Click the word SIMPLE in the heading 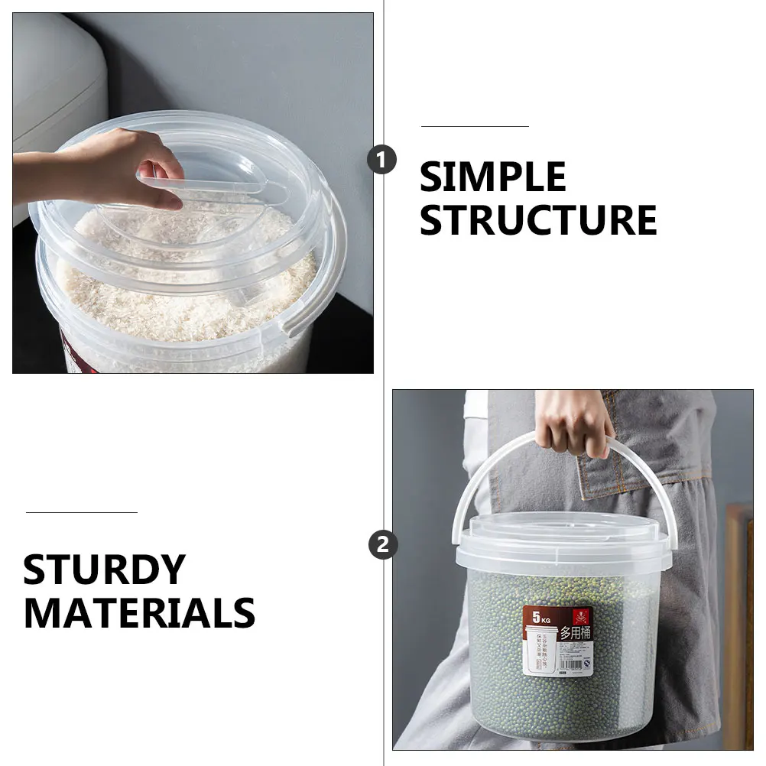click(x=492, y=177)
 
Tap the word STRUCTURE click(x=537, y=220)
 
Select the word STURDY click(x=104, y=570)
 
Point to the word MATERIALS click(x=139, y=613)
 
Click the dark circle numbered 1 click(x=382, y=161)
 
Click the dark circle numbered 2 click(x=382, y=544)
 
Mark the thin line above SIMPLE click(x=475, y=126)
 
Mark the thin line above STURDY click(x=81, y=512)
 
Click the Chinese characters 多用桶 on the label click(x=575, y=633)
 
